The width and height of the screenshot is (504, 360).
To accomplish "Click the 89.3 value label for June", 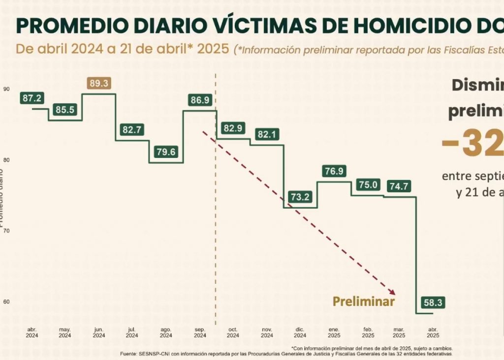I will [99, 83].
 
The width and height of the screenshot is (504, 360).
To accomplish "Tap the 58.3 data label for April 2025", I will [433, 302].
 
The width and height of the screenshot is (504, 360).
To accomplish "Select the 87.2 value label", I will [32, 98].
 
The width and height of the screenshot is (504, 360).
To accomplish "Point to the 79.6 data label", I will [165, 151].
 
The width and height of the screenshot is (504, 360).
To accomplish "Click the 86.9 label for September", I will [200, 100].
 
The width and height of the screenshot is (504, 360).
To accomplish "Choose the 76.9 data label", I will [334, 171].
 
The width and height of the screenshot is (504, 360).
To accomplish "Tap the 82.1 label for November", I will [267, 134].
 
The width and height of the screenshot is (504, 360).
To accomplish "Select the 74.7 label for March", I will [400, 186].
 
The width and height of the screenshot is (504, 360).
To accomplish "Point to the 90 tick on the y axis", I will [6, 89].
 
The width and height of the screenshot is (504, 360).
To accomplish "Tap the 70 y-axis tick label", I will [6, 231].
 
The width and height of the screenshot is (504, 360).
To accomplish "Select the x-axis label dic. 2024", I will [300, 332].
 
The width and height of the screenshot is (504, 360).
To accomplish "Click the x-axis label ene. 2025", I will [334, 332].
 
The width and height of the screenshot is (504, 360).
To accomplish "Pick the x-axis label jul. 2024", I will [132, 332].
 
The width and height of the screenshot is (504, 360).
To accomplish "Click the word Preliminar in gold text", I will [364, 301].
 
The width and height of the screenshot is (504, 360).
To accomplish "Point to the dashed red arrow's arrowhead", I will [393, 293].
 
